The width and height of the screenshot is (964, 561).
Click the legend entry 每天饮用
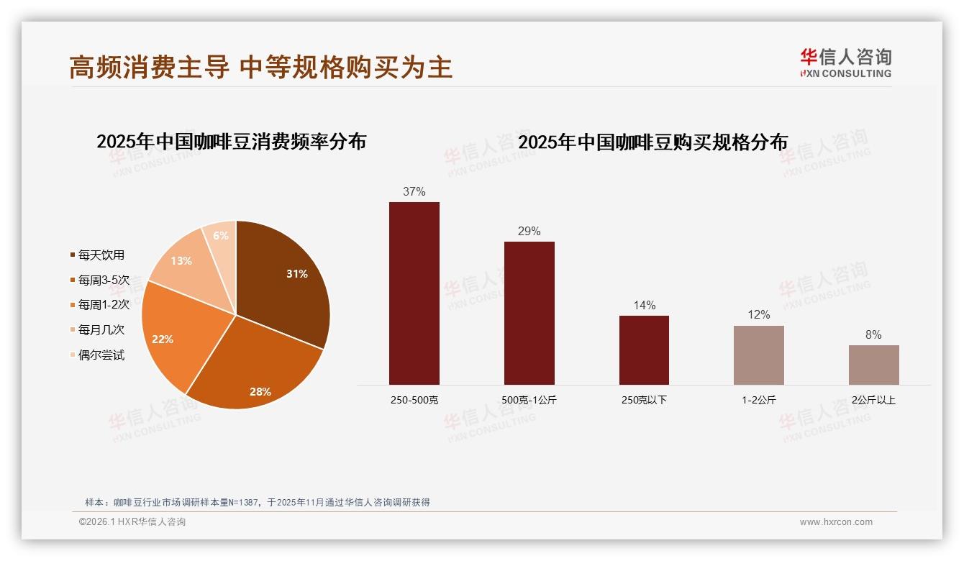101,255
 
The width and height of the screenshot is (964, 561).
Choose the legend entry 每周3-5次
104,280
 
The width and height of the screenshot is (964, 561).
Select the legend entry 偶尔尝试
101,355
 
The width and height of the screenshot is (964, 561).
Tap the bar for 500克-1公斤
529,313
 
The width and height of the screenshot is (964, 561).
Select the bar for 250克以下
644,350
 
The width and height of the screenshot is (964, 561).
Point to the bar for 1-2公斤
759,355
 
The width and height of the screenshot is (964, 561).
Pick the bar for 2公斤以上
874,365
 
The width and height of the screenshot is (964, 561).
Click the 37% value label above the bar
414,192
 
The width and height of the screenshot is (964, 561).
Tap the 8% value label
874,335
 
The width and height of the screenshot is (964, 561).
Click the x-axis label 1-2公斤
759,400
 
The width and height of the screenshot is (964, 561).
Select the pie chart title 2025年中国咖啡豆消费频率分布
231,142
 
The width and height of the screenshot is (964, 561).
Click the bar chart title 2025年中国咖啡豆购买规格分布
652,142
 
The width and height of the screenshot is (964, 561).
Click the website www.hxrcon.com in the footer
836,522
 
